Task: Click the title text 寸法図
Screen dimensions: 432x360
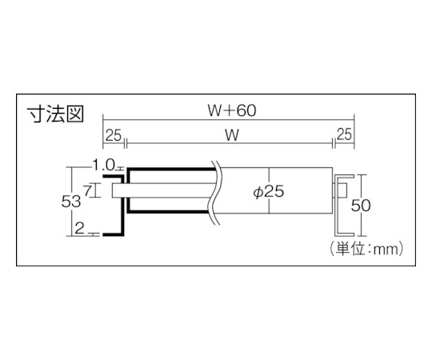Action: point(55,114)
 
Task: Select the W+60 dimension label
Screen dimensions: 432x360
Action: point(232,110)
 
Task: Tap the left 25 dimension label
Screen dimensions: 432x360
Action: point(114,135)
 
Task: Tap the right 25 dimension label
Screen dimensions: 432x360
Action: point(344,134)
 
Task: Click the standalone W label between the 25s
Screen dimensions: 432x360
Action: point(232,135)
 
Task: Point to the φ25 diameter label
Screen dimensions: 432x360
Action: point(268,192)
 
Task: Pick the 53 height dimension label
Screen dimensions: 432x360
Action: point(71,202)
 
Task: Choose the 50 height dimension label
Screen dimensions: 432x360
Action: point(361,206)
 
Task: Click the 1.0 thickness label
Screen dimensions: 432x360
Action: point(103,166)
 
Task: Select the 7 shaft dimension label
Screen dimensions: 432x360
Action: point(88,190)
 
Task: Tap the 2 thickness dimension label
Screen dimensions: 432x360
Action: point(79,228)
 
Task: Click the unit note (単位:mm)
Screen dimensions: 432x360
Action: point(366,249)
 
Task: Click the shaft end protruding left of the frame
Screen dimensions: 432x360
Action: point(117,190)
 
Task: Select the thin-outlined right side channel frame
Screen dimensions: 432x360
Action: point(343,206)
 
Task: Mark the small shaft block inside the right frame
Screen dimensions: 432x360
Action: point(342,190)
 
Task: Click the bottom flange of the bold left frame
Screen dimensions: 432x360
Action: point(114,234)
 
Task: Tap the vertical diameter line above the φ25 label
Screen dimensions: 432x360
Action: point(269,176)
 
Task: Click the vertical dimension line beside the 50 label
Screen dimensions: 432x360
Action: point(363,206)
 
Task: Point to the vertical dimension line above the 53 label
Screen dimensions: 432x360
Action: point(72,181)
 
